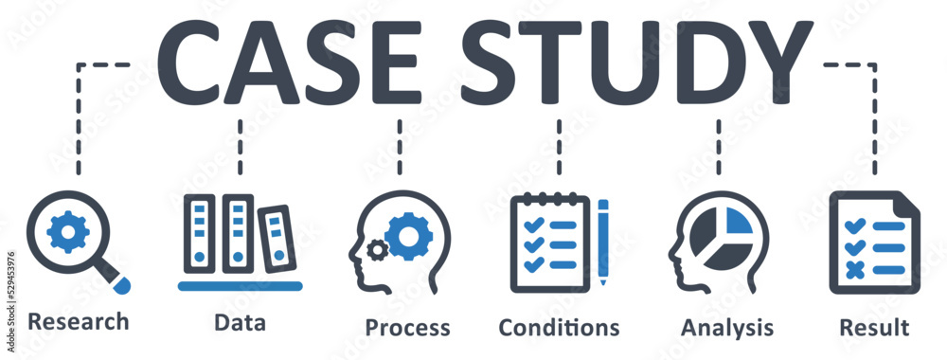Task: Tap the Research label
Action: pos(79,322)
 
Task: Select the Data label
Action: pos(240,322)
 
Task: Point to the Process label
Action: pos(407,328)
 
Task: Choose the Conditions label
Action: pos(560,328)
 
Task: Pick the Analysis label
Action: pos(726,328)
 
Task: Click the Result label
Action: pos(874,328)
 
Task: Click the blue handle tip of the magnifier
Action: pos(122,282)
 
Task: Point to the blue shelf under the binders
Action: pos(240,285)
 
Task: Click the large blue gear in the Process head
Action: pos(409,235)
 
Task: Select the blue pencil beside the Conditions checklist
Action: pos(602,241)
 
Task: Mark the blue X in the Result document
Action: pos(856,271)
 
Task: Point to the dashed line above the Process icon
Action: pos(400,147)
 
